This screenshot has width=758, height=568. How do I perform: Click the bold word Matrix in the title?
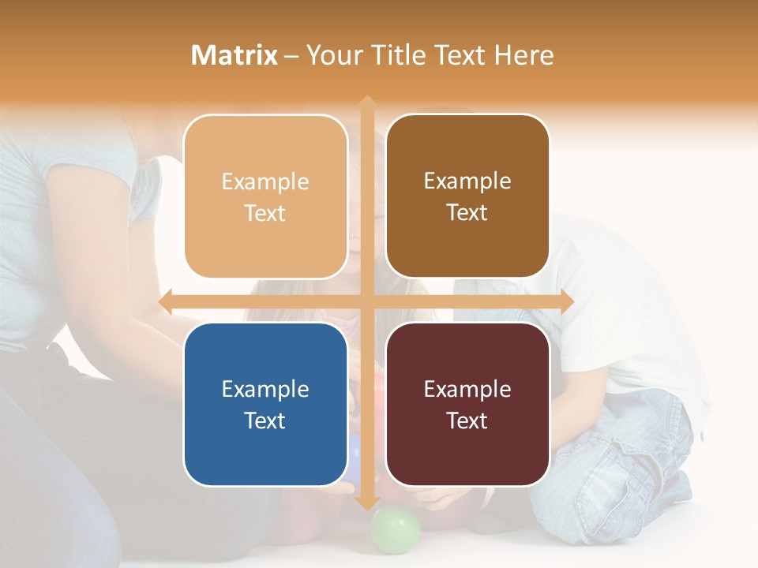coord(235,55)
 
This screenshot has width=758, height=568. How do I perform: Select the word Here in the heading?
coord(523,55)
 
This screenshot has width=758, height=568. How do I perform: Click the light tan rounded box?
coord(265,196)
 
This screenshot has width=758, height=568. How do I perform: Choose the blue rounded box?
coord(265,404)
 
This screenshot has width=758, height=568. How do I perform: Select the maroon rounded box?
coord(467,404)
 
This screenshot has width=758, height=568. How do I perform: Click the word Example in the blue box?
coord(265,389)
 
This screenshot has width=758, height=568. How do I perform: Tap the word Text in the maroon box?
coord(467,420)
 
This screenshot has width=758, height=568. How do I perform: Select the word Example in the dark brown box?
coord(467,181)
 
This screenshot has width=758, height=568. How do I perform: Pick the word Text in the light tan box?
coord(265,213)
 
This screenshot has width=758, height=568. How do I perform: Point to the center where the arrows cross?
coord(366,302)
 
